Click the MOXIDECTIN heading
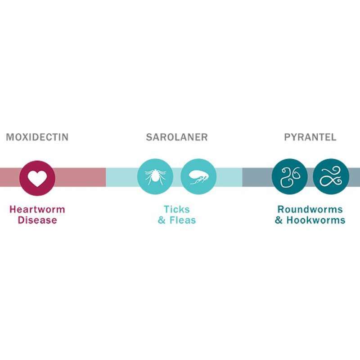pos(37,137)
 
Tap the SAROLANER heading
pos(177,137)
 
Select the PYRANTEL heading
pos(310,137)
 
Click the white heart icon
pos(37,178)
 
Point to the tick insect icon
pos(155,176)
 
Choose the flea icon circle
pos(198,176)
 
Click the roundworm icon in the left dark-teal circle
pos(290,177)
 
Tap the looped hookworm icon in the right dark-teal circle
pos(331,176)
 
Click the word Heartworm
pos(37,209)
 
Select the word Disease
pos(37,220)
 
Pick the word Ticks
pos(177,209)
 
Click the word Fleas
pos(183,220)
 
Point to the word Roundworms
pos(310,209)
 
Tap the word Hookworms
pos(316,220)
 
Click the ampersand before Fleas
pos(162,220)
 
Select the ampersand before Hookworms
pos(279,220)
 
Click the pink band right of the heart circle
pos(81,177)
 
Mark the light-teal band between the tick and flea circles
pos(177,177)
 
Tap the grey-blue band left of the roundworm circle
pos(257,177)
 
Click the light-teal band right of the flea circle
pos(229,177)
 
